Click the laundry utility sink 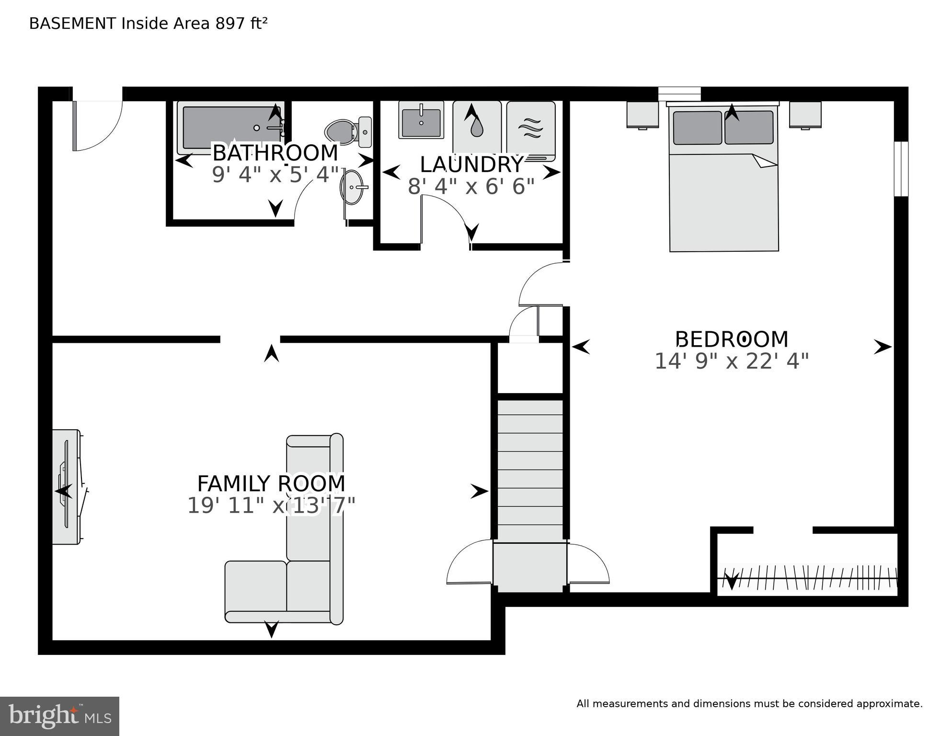point(421,121)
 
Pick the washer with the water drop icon point(476,127)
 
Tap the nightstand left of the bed point(642,115)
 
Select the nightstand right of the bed point(805,115)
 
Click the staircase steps point(530,470)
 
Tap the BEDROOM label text point(732,339)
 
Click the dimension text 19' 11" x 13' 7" point(271,506)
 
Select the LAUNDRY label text point(471,165)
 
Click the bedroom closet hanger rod point(810,578)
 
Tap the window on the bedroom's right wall point(901,169)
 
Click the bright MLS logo point(59,716)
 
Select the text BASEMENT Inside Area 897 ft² point(148,23)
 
